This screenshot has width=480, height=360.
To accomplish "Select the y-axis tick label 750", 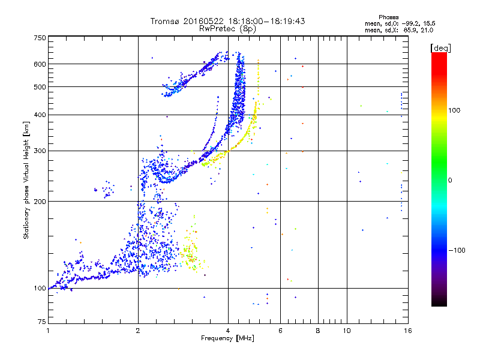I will coord(40,37).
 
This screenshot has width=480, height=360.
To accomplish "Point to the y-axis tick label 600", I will coord(40,64).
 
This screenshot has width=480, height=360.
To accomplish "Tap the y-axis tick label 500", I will coord(40,87).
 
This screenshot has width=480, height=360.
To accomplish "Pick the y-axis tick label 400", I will coord(40,115).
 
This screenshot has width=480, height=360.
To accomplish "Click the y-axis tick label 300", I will coord(40,151).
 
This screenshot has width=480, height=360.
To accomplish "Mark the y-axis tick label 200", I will coord(40,202).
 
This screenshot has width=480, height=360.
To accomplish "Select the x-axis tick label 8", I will coord(318,331).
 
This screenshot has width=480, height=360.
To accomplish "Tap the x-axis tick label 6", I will coord(280,331).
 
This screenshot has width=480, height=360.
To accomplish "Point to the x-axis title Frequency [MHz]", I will coord(227,338).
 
